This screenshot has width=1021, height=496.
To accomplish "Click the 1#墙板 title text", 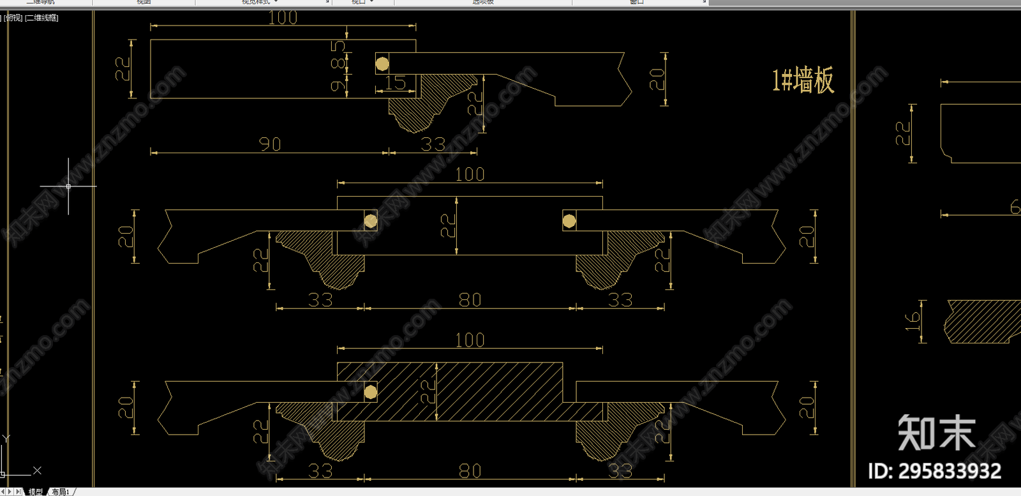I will tap(803, 80).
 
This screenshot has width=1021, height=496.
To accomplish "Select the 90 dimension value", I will tap(270, 144).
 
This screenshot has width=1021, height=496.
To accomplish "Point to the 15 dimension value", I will tap(395, 82).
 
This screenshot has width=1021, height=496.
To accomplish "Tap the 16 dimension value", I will tap(913, 321).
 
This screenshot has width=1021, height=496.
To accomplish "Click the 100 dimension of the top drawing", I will tap(283, 18).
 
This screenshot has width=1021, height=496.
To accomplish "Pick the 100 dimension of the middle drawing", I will tap(470, 174).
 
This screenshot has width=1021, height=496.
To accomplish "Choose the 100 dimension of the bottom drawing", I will tap(470, 340).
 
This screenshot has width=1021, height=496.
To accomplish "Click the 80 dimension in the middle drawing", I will tap(470, 299).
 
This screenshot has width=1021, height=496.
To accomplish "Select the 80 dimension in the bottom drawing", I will tap(470, 471).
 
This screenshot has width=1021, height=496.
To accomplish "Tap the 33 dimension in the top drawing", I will tap(433, 144).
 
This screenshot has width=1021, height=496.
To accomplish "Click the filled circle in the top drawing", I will tap(382, 64).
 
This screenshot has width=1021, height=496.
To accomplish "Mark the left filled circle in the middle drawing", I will tap(370, 222).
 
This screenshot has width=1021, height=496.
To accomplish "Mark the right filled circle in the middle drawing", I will tap(569, 222).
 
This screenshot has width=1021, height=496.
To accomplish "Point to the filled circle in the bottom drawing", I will tap(370, 392).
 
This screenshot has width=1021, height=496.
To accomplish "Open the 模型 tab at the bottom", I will tap(36, 492).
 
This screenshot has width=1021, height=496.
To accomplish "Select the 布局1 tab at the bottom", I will tap(61, 492).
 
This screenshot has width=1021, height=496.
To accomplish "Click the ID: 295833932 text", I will tap(934, 471).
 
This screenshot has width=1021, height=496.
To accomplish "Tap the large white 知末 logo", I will tap(937, 433).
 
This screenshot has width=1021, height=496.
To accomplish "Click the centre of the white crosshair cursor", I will tap(68, 186).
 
